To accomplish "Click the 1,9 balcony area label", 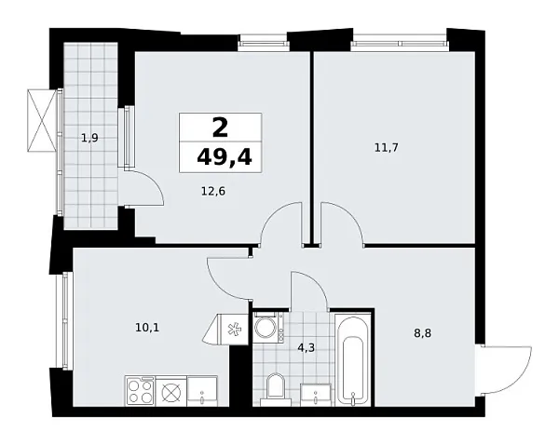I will pyautogui.click(x=89, y=139).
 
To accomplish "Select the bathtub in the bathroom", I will pyautogui.click(x=353, y=364).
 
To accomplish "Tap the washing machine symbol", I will pyautogui.click(x=269, y=328).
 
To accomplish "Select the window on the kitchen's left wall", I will pyautogui.click(x=65, y=321).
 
